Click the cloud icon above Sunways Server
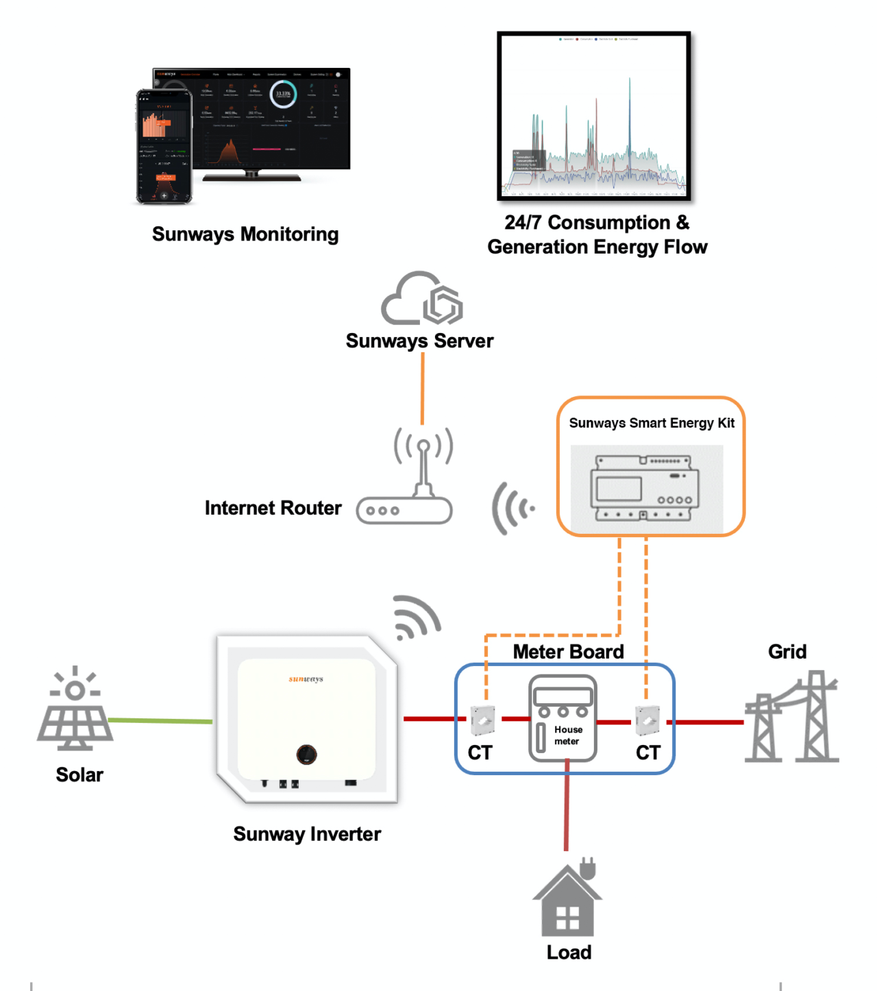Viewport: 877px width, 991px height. (421, 299)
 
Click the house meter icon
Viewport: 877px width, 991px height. (563, 718)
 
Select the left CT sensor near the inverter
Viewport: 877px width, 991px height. (483, 720)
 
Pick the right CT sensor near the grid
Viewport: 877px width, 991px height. (647, 720)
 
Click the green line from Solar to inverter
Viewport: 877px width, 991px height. (161, 720)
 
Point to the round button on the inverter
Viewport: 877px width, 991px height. (306, 754)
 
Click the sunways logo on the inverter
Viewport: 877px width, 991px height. (306, 678)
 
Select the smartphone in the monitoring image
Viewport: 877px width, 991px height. (164, 147)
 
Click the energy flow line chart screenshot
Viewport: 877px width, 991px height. (594, 117)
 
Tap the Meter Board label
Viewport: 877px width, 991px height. (568, 651)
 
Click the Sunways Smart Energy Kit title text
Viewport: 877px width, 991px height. (651, 423)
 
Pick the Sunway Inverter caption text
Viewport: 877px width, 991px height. (307, 834)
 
